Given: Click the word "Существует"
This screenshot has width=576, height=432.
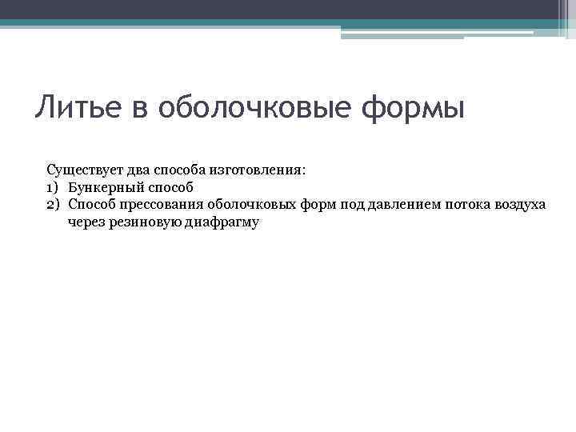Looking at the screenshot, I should tap(82, 170).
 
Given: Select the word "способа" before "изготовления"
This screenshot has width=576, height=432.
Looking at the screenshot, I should tap(181, 170).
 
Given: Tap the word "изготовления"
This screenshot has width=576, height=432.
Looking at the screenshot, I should tap(259, 170).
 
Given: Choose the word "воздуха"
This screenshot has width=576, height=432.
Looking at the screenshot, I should tap(520, 205).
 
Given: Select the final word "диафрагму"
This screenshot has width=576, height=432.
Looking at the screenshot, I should tap(222, 222).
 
